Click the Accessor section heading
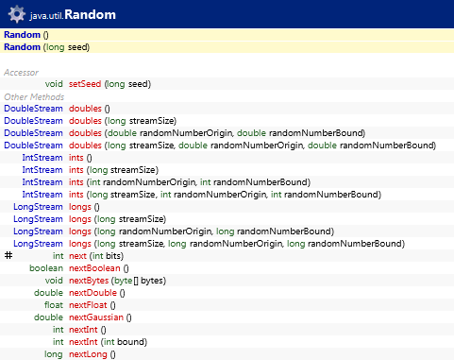[22, 72]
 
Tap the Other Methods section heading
[34, 96]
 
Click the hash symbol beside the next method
[8, 255]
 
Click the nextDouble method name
[92, 292]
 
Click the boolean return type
[46, 267]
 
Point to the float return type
[53, 304]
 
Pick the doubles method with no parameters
[87, 108]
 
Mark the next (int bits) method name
[78, 255]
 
